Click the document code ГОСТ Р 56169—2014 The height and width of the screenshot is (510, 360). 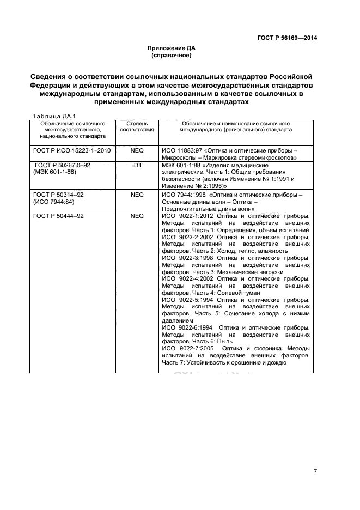(286, 38)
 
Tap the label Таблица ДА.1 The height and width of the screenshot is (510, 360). (54, 116)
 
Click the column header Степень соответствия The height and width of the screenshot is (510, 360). (137, 127)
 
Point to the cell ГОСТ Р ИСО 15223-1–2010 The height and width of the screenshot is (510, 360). (72, 150)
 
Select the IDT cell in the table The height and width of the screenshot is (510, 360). (137, 165)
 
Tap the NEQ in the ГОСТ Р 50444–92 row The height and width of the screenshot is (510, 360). (137, 216)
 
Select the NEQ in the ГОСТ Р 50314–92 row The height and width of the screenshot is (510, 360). (137, 194)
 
